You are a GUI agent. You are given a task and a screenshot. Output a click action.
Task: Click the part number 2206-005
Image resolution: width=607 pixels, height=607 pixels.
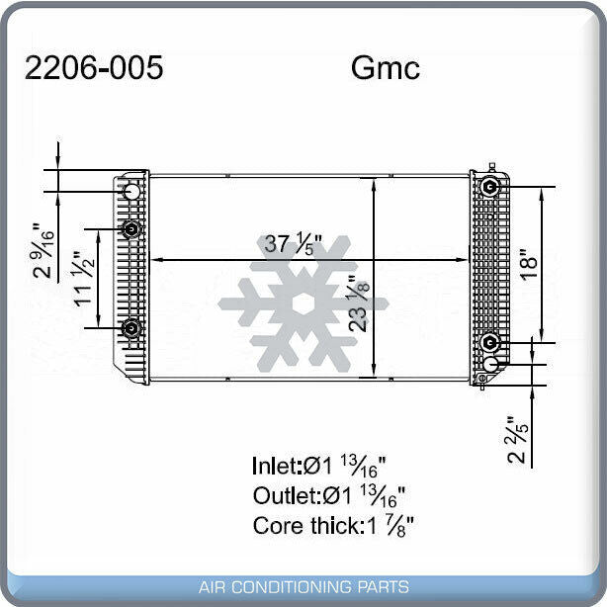pos(93,68)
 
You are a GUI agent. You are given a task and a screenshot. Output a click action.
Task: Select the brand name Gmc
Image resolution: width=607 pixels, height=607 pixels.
pos(385,68)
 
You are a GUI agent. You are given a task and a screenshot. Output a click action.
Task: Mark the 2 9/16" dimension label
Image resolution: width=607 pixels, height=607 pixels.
pos(43,250)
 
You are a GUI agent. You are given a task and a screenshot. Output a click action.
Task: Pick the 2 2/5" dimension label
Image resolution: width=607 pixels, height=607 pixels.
pos(515,439)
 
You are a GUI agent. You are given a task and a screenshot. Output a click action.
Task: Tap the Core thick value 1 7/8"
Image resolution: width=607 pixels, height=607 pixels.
pos(391,525)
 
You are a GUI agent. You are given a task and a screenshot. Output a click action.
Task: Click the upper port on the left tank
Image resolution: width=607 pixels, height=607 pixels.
pos(131,229)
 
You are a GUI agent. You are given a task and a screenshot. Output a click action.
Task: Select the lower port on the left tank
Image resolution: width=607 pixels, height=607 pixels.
pos(131,328)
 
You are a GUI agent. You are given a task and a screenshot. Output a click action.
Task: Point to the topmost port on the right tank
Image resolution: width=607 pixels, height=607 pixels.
pos(489,187)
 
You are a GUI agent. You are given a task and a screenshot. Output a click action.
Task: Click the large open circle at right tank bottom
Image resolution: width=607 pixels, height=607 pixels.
pos(490,364)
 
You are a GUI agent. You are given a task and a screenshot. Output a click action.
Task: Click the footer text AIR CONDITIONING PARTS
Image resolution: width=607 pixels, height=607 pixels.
pos(303,587)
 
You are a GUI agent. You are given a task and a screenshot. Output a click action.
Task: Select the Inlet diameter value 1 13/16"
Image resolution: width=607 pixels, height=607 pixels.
pos(359,465)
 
